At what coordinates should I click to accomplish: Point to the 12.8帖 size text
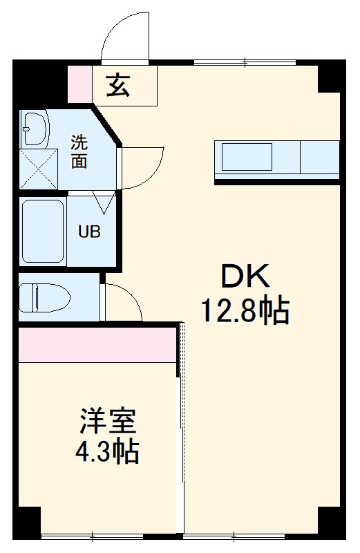(x=245, y=311)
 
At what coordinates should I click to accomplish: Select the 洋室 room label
(x=106, y=421)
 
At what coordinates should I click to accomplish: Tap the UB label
(x=88, y=232)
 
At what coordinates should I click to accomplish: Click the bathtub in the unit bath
(x=43, y=231)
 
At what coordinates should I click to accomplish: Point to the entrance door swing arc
(x=124, y=36)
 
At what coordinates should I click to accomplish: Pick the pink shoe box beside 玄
(x=79, y=83)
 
